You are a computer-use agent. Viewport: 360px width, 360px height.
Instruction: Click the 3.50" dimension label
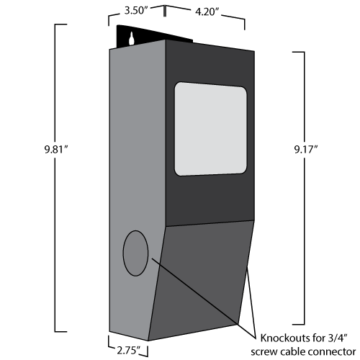point(135,11)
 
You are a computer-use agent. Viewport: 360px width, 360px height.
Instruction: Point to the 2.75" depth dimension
point(128,351)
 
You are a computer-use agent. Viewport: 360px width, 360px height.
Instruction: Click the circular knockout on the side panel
point(135,253)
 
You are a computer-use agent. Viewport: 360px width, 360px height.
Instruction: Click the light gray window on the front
point(210,129)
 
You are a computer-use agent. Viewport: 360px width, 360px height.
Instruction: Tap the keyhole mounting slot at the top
point(132,38)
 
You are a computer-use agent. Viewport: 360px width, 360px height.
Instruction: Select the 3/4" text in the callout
point(338,338)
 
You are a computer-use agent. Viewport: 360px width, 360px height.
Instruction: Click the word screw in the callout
point(264,352)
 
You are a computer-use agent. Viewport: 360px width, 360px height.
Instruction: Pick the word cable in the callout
point(292,351)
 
